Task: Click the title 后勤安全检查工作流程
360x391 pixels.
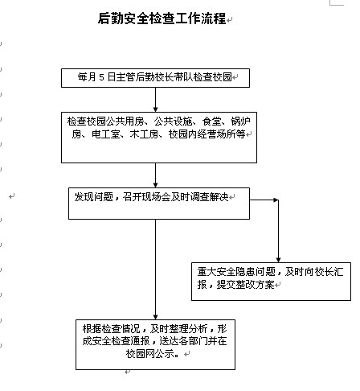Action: click(162, 19)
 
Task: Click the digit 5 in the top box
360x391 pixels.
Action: click(101, 77)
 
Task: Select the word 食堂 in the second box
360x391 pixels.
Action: click(212, 121)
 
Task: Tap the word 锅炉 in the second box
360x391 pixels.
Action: click(240, 121)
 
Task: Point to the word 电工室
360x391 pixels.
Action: click(105, 134)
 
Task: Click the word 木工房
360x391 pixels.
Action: click(144, 134)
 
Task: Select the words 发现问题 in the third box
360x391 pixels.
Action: click(93, 197)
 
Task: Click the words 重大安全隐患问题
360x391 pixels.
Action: click(236, 272)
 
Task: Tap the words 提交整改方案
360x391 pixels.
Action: click(245, 284)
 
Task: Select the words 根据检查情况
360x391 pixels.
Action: click(111, 328)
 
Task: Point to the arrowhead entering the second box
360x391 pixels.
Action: click(155, 109)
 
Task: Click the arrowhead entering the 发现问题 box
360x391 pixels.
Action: click(155, 184)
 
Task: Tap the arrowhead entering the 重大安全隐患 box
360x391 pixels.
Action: click(278, 259)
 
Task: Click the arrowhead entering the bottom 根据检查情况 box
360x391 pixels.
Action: click(155, 316)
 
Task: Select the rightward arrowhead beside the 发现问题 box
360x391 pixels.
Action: click(276, 200)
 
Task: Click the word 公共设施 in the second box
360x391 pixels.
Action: click(173, 121)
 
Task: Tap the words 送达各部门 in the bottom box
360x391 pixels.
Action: click(183, 341)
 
